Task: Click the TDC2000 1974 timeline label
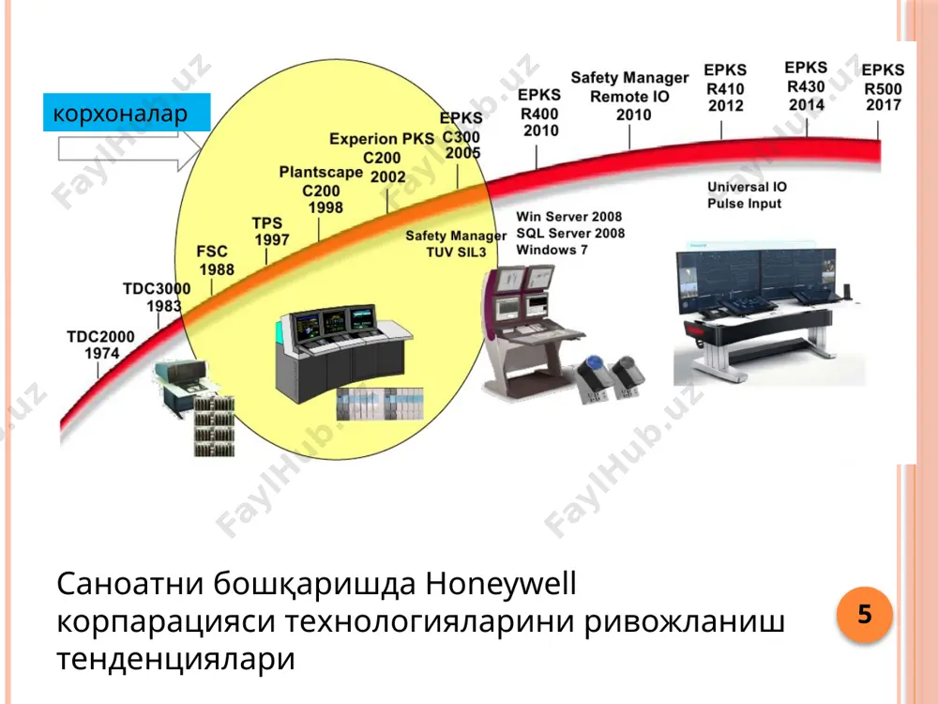tap(100, 344)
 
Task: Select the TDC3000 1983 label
tap(157, 297)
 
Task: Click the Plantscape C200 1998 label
tap(321, 190)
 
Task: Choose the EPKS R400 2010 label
tap(539, 113)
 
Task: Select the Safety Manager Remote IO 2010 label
tap(630, 96)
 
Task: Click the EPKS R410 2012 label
tap(725, 88)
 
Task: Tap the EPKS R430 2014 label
tap(806, 86)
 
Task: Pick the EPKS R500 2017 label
tap(883, 88)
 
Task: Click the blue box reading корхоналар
tap(127, 112)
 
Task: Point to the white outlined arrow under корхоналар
tap(129, 148)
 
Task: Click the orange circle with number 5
tap(865, 614)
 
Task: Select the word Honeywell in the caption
tap(501, 583)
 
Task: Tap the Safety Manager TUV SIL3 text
tap(456, 244)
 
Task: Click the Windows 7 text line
tap(552, 250)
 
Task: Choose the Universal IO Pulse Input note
tap(747, 195)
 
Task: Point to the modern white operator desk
tap(769, 312)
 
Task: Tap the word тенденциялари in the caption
tap(176, 659)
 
